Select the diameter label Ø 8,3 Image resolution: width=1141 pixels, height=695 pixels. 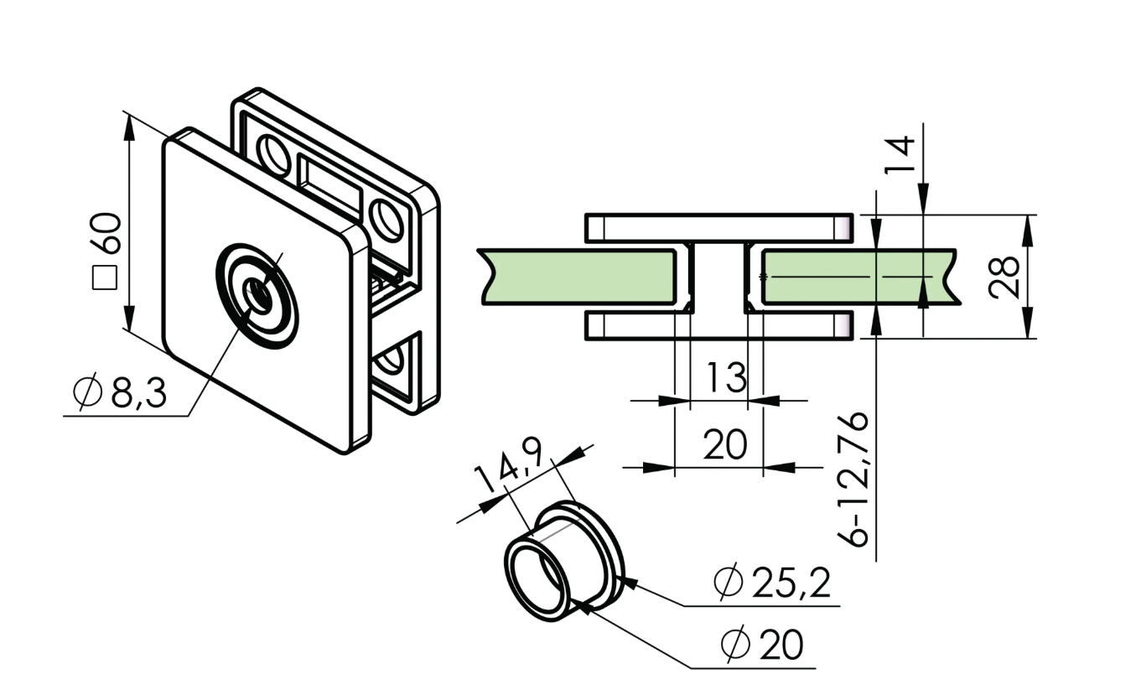point(122,393)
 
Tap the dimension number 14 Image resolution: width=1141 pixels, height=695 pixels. point(900,156)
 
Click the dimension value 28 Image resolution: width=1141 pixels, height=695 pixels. point(1004,277)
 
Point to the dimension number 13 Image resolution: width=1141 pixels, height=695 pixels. point(725,377)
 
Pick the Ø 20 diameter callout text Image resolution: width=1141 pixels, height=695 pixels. point(762,645)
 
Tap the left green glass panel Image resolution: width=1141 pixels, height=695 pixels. point(578,277)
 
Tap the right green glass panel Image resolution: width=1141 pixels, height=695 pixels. point(855,277)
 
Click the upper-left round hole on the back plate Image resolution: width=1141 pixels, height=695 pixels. point(272,153)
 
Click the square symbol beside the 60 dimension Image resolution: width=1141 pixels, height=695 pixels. point(106,277)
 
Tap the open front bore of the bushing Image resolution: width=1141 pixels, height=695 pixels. point(537,578)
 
